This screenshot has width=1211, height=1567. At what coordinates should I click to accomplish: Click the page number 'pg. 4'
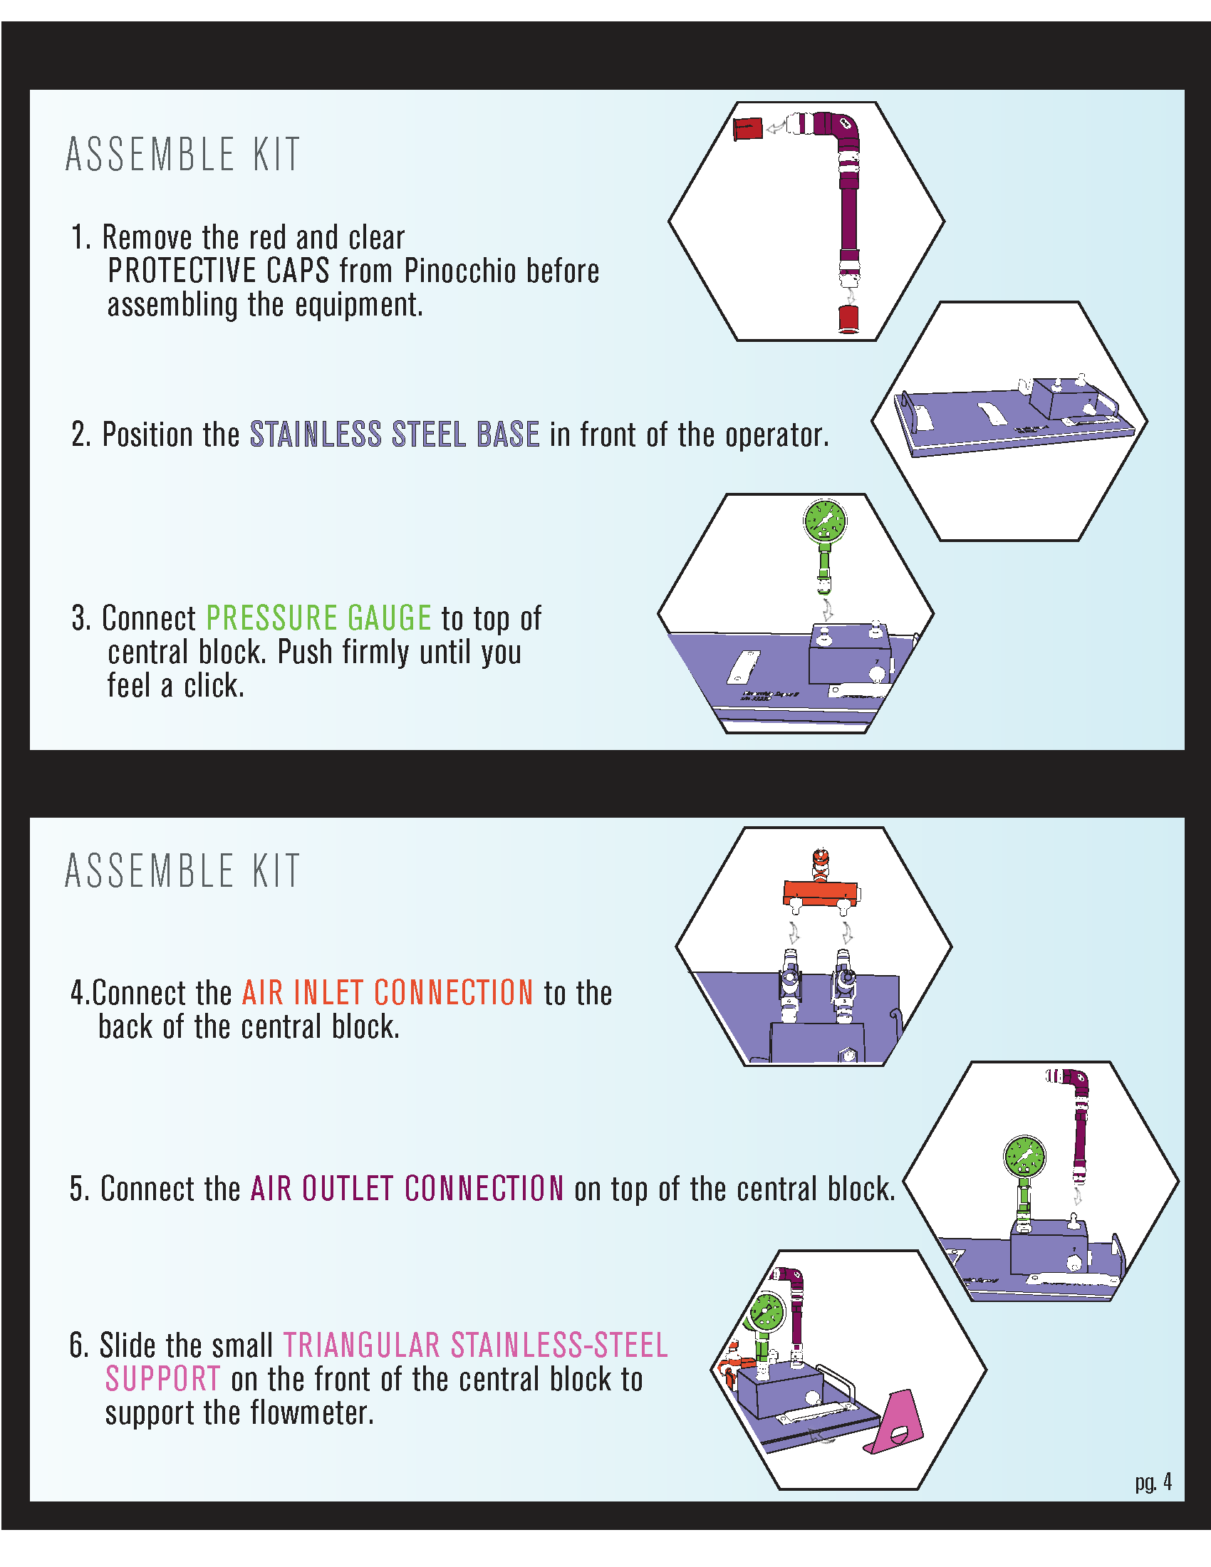click(1153, 1482)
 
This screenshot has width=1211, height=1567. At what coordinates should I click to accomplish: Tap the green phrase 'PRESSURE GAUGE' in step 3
click(318, 618)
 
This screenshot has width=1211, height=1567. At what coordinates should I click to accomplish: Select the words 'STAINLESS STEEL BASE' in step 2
click(395, 434)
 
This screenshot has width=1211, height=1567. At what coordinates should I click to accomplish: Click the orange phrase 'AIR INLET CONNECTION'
click(388, 993)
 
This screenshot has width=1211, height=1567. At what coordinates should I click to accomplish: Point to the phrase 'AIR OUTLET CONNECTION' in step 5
click(407, 1189)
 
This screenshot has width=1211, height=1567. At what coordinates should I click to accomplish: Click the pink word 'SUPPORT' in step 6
click(163, 1379)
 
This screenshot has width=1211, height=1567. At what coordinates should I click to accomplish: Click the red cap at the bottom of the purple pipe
click(848, 318)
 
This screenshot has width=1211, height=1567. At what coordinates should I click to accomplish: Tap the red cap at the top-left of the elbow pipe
click(747, 128)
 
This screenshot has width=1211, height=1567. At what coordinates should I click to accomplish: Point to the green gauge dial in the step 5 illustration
click(1024, 1157)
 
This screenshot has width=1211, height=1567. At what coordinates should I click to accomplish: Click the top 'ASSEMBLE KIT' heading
click(182, 155)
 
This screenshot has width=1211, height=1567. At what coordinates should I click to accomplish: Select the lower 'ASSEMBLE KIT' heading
click(182, 871)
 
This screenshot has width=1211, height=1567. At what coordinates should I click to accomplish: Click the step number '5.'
click(80, 1189)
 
